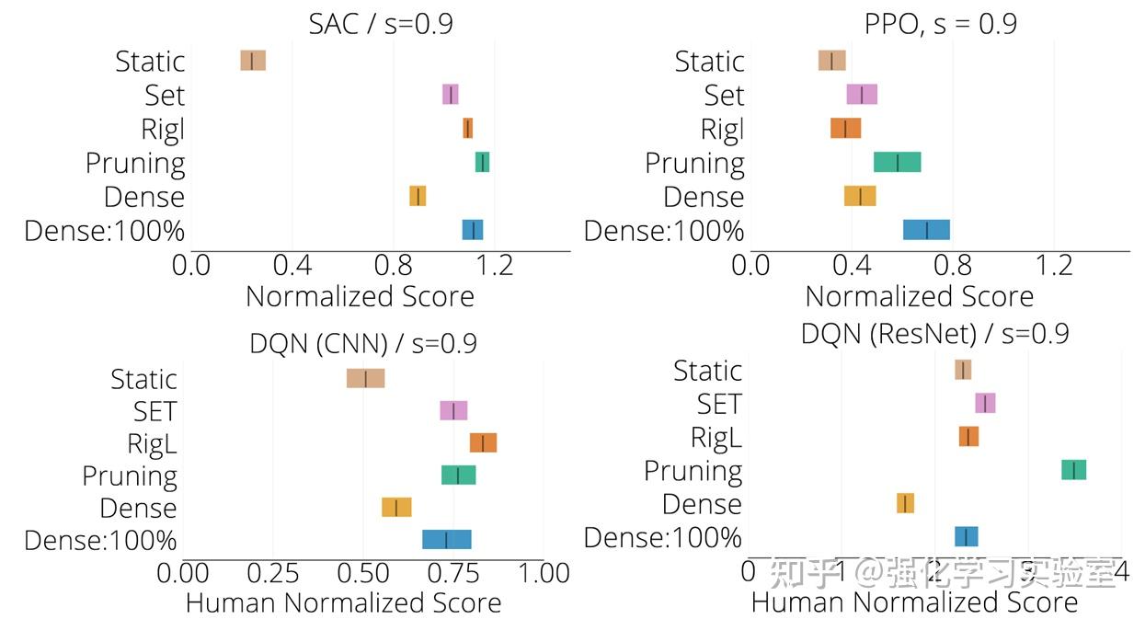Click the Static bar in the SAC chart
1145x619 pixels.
click(253, 61)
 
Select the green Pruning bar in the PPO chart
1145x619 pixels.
click(897, 163)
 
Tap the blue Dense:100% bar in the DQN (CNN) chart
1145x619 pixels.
click(447, 539)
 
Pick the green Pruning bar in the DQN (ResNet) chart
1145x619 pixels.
click(1073, 470)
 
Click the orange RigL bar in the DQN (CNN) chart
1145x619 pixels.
click(483, 443)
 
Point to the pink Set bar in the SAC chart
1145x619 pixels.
click(450, 95)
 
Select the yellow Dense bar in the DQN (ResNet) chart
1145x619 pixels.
click(905, 503)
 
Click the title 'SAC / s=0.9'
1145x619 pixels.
click(381, 23)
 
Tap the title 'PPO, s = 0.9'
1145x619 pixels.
click(940, 23)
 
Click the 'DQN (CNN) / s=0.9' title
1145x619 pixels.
click(363, 344)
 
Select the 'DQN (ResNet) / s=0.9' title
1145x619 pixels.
click(934, 333)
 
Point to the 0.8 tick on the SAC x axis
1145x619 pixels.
click(394, 266)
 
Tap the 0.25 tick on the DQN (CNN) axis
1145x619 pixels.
click(273, 574)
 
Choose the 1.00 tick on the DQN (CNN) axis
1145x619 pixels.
click(544, 574)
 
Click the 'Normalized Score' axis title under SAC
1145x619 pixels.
click(360, 296)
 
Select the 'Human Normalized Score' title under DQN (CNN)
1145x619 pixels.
click(343, 603)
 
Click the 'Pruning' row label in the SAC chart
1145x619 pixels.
click(135, 164)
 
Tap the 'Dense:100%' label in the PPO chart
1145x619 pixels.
click(664, 231)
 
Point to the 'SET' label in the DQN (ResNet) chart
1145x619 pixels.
click(718, 404)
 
